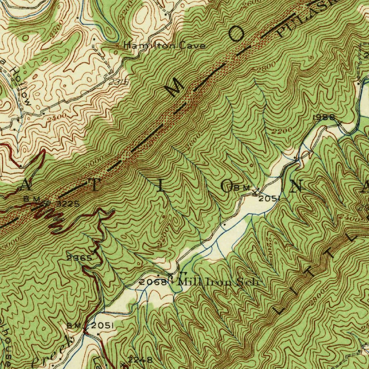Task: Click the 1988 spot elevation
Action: [x=324, y=117]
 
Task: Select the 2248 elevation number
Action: [x=140, y=359]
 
